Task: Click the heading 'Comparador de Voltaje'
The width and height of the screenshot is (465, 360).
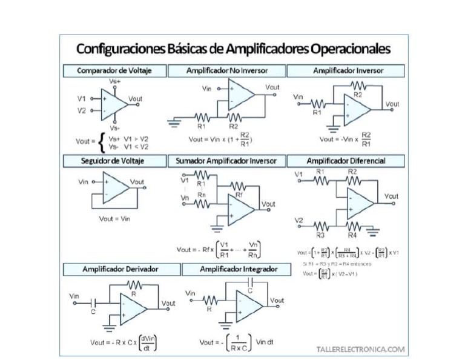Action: click(x=114, y=71)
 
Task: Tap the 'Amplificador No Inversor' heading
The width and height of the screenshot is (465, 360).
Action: click(x=226, y=71)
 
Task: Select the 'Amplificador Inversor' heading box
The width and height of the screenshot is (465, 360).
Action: click(x=348, y=71)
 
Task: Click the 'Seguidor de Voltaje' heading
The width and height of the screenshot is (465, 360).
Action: click(x=114, y=161)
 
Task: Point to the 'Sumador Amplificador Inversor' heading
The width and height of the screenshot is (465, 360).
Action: click(x=226, y=161)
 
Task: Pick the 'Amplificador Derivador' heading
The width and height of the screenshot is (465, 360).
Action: click(x=114, y=268)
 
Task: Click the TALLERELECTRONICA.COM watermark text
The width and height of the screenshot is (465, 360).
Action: click(x=360, y=349)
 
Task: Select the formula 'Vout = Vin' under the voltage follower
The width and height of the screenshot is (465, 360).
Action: click(x=114, y=219)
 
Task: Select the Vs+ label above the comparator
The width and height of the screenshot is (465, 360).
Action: click(x=114, y=81)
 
